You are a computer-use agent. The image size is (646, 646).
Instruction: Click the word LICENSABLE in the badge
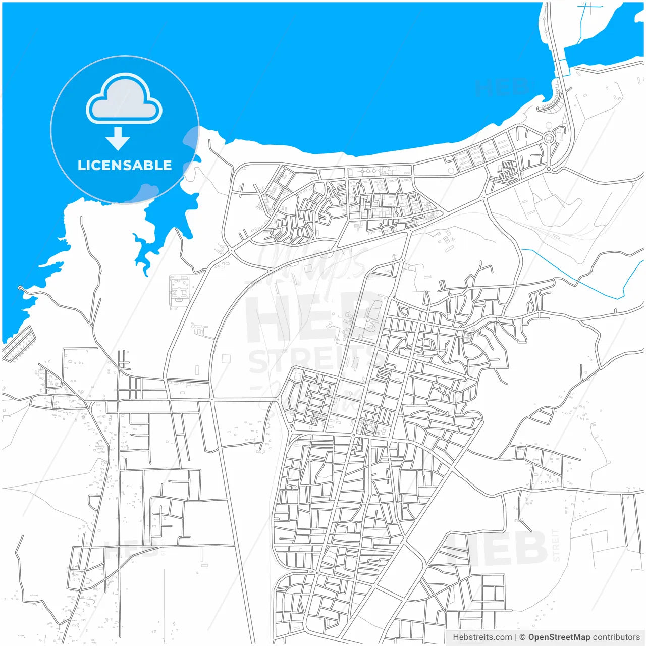coord(125,165)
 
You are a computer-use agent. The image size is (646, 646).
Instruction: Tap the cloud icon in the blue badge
coord(124,99)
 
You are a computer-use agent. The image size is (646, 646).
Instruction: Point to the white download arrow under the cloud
coord(118,139)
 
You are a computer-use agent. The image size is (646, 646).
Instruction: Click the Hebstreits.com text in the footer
coord(482,637)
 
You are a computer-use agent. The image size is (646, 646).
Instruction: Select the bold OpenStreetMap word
coord(559,637)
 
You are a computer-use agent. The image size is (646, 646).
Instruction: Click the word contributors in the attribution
coord(616,637)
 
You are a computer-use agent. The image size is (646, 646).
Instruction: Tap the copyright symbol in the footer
coord(522,637)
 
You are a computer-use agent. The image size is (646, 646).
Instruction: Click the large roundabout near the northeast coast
coord(549,138)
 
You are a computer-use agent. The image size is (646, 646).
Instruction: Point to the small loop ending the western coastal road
coord(20,288)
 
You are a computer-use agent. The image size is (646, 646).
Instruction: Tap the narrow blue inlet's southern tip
coord(146,273)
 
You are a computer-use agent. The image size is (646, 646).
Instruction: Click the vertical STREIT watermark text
coord(556,545)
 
